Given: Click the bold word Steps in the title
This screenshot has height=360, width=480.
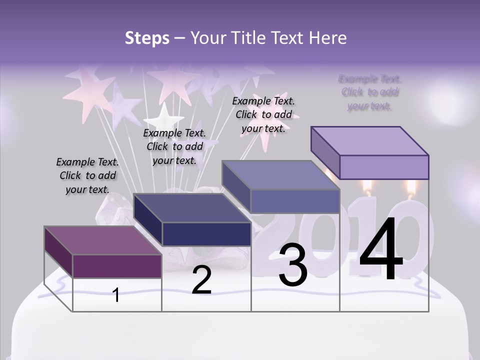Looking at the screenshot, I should point(147,38).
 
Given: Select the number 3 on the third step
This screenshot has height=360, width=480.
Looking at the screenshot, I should point(292,265).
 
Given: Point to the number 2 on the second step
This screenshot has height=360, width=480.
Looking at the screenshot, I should point(201,280).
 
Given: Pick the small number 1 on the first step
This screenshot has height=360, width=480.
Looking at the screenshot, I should point(116,295).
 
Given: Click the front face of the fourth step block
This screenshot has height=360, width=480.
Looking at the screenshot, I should point(384,167).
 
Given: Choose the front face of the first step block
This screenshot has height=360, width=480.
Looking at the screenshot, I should point(117,266).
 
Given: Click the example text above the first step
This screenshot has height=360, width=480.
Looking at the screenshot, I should point(87,175).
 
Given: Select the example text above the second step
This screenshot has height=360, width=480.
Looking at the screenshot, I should point(174,146).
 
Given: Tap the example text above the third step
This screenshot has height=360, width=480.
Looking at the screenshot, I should point(263,114).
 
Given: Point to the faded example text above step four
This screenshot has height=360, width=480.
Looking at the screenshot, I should point(370,92).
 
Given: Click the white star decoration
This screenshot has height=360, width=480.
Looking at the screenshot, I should point(163,118).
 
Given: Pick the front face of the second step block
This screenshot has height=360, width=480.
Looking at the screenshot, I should point(206,234).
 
